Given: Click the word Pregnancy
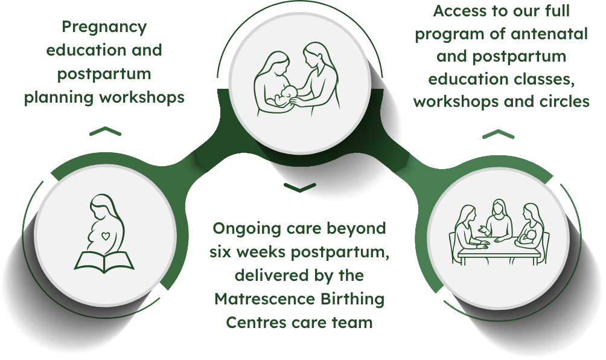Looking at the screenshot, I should [104, 28].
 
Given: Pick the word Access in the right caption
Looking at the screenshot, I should [454, 11].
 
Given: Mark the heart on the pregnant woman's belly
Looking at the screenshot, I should [106, 236].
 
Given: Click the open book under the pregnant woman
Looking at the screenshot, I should [104, 261].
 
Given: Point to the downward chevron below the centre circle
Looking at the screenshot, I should [299, 188].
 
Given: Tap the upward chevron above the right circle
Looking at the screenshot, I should [497, 134].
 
